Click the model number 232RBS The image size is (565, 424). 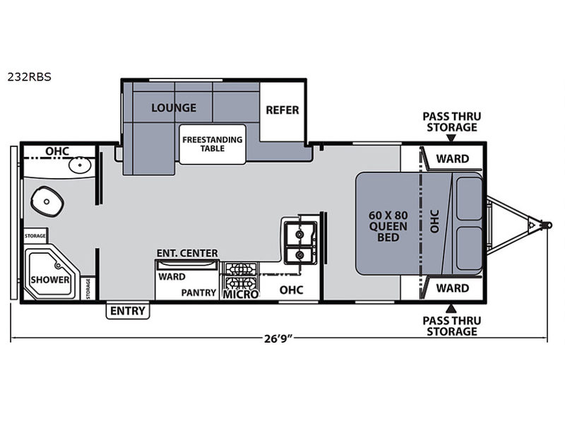pos(29,77)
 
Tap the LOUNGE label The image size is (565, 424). pos(174,107)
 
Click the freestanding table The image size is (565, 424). pos(213,144)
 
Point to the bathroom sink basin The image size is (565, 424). pos(80,165)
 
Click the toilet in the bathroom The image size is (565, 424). pos(47,201)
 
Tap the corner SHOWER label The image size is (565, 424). pos(50,279)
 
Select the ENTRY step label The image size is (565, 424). pos(128,311)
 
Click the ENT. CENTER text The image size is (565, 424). pos(187,253)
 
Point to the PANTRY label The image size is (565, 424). pos(198,293)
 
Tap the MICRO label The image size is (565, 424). pos(241,294)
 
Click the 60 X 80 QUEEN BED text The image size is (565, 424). pos(388,226)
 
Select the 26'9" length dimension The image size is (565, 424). pos(278,338)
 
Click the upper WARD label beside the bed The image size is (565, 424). pos(453,158)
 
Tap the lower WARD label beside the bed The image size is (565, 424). pos(453,288)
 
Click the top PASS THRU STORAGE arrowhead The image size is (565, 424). pos(451,138)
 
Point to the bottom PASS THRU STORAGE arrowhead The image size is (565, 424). pos(451,309)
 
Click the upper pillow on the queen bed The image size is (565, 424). pos(469,199)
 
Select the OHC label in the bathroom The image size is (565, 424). pos(57,151)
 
